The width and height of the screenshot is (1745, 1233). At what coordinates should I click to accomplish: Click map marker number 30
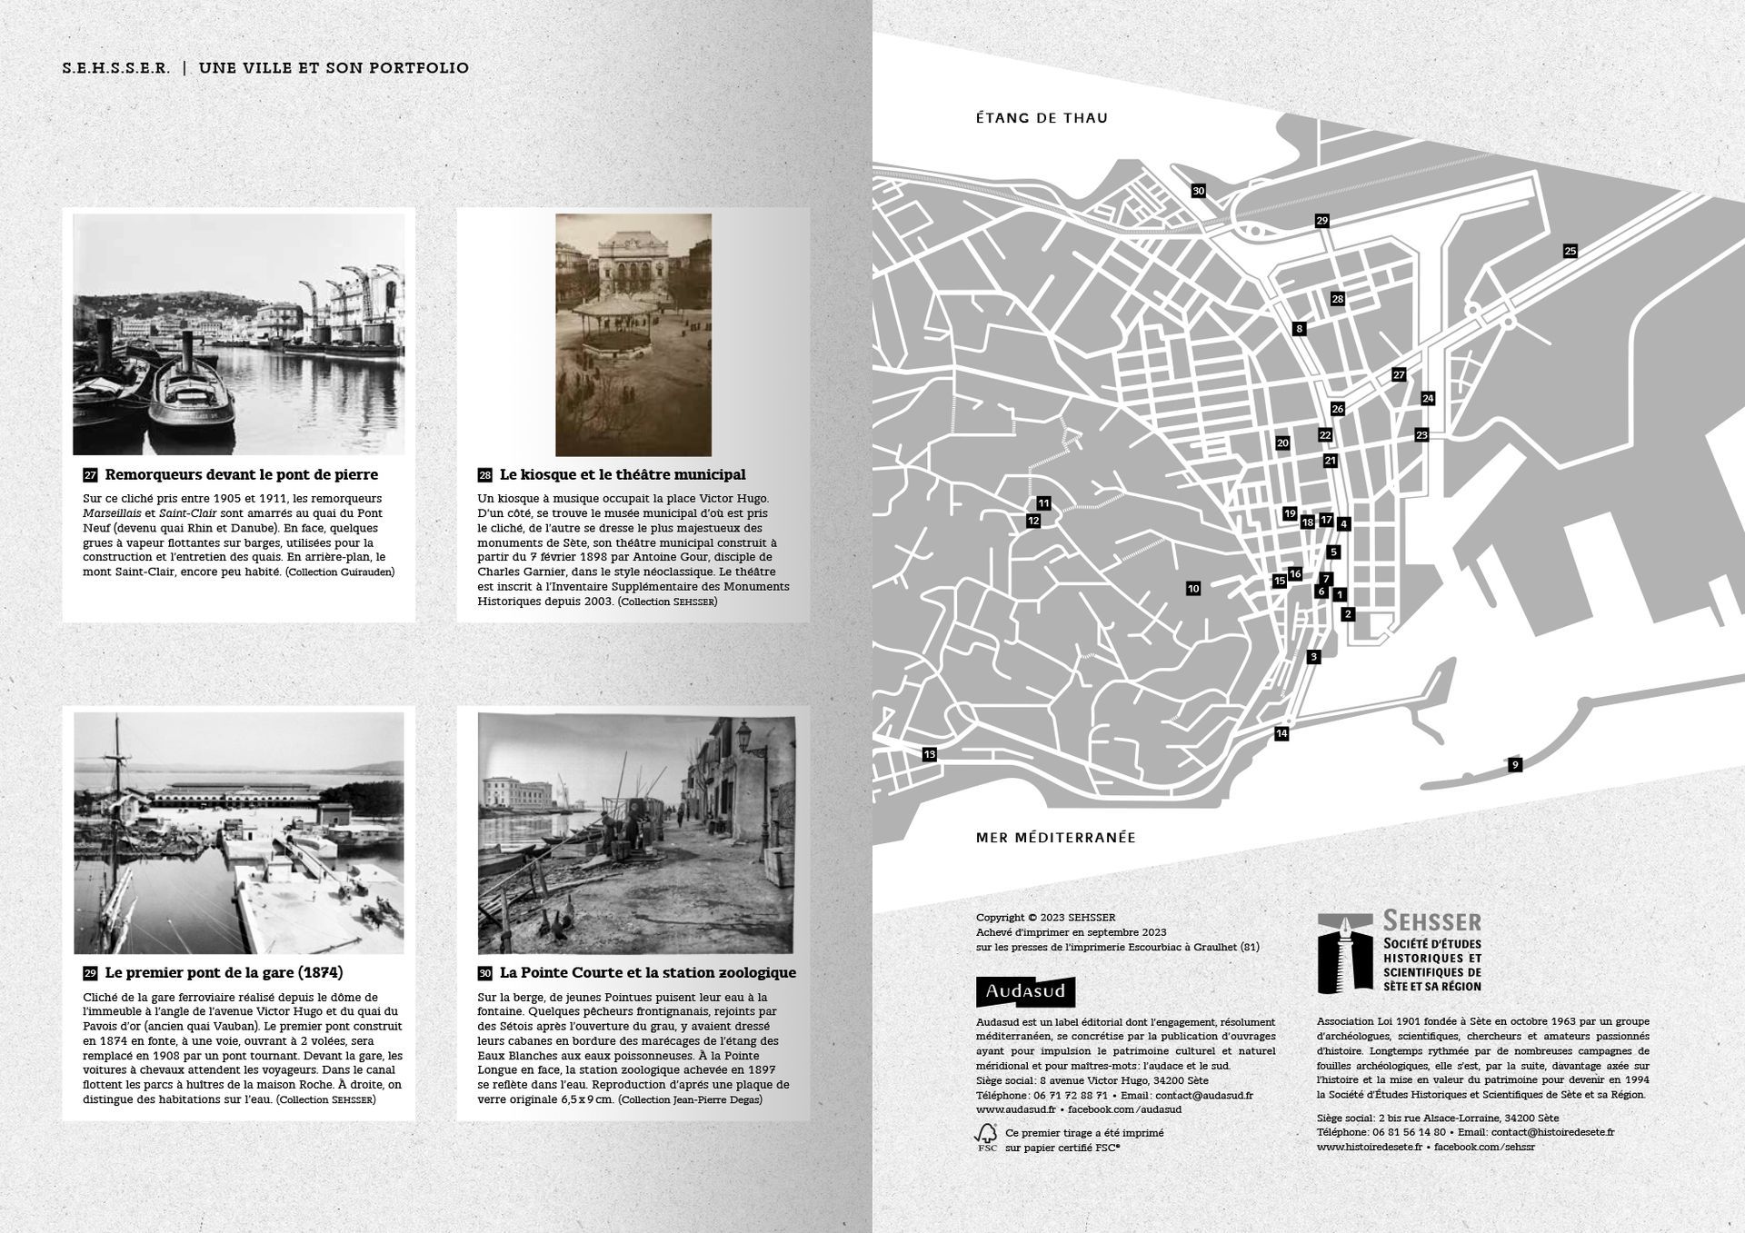(x=1199, y=191)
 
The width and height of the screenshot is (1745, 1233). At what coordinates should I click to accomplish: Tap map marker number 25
(x=1570, y=251)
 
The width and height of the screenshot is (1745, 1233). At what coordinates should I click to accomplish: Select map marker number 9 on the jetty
(x=1514, y=765)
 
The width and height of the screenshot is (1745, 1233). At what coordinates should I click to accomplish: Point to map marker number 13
(x=929, y=754)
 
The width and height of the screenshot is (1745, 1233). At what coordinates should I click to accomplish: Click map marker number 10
(x=1193, y=589)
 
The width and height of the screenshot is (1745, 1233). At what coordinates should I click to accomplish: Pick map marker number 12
(x=1032, y=521)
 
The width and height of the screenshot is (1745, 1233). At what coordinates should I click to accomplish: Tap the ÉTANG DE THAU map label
(x=1042, y=118)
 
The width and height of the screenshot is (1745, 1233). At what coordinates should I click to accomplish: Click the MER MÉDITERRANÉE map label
(x=1055, y=838)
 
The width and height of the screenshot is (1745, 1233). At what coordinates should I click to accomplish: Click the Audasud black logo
(x=1025, y=991)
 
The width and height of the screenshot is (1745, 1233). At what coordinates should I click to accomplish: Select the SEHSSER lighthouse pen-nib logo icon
(x=1345, y=953)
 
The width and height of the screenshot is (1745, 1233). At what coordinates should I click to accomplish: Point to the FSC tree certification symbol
(x=986, y=1137)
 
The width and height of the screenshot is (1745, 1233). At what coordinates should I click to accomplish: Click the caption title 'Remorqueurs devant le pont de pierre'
(x=241, y=474)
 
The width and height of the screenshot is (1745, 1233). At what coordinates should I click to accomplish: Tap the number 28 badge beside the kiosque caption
(x=484, y=475)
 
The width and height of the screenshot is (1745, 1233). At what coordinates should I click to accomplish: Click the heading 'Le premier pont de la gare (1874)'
(x=224, y=972)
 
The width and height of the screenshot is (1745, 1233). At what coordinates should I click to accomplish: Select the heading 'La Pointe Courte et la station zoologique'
(x=647, y=972)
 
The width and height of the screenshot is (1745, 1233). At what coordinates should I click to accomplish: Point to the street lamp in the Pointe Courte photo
(x=745, y=741)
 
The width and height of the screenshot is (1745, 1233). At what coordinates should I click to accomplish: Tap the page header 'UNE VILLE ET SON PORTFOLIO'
(x=334, y=68)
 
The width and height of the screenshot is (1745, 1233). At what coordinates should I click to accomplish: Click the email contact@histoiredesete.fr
(x=1552, y=1132)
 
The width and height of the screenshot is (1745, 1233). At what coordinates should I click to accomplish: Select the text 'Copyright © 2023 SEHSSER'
(x=1045, y=918)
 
